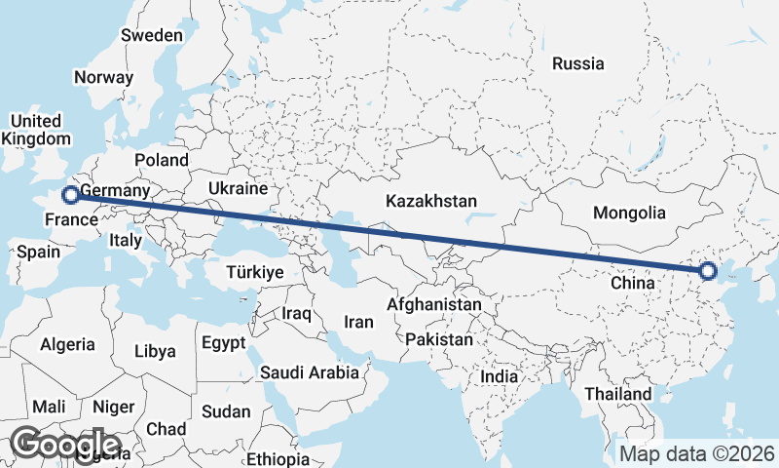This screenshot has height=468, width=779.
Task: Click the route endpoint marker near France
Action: coord(71,195)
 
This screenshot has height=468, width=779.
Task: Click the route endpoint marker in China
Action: coord(708,271)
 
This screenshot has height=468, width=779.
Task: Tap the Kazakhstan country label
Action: coord(431,202)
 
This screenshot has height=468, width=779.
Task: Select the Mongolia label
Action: coord(629,213)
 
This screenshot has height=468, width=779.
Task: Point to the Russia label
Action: coord(577,64)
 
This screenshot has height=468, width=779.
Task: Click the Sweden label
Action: coord(152,36)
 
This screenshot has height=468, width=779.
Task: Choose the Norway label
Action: coord(103,78)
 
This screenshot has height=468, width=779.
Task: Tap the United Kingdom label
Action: coord(35,130)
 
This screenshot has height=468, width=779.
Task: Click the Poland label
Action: coord(162,159)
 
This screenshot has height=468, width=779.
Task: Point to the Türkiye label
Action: coord(254,273)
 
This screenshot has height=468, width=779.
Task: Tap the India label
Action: coord(500,376)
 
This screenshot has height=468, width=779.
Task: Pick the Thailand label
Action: coord(618,394)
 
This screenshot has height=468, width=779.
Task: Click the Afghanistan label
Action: coord(434,305)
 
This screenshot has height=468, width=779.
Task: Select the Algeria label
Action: coord(67,344)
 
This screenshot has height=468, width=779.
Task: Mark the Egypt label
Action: coord(225,344)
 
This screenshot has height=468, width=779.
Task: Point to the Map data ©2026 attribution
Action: coord(697,453)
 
